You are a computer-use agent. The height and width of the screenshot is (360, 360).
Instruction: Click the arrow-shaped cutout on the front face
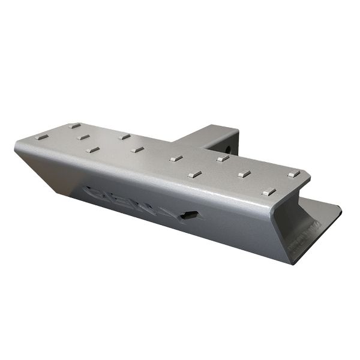tap(191, 215)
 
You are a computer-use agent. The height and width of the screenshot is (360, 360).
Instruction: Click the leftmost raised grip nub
tap(41, 137)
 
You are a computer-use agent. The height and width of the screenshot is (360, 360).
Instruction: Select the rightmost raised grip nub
tap(293, 174)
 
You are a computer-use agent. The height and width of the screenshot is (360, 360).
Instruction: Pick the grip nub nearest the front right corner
tap(269, 193)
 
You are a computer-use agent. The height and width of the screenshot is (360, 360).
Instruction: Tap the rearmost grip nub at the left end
tap(74, 126)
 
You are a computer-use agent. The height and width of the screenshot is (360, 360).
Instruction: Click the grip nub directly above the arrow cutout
tap(194, 175)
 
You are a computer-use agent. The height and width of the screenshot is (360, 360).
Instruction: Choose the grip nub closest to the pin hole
tap(223, 159)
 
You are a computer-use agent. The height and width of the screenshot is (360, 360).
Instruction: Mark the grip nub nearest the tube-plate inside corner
tap(176, 158)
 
